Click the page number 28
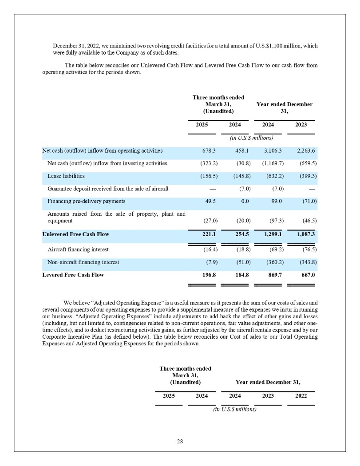[x=180, y=442]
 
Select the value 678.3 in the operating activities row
[x=202, y=151]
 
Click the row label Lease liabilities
[x=66, y=176]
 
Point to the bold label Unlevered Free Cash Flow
[x=75, y=234]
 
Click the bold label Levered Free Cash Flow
[x=73, y=275]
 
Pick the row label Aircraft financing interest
[x=78, y=250]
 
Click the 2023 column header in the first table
[x=301, y=125]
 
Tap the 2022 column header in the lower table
[x=301, y=396]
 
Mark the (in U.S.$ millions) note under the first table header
[x=251, y=138]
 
